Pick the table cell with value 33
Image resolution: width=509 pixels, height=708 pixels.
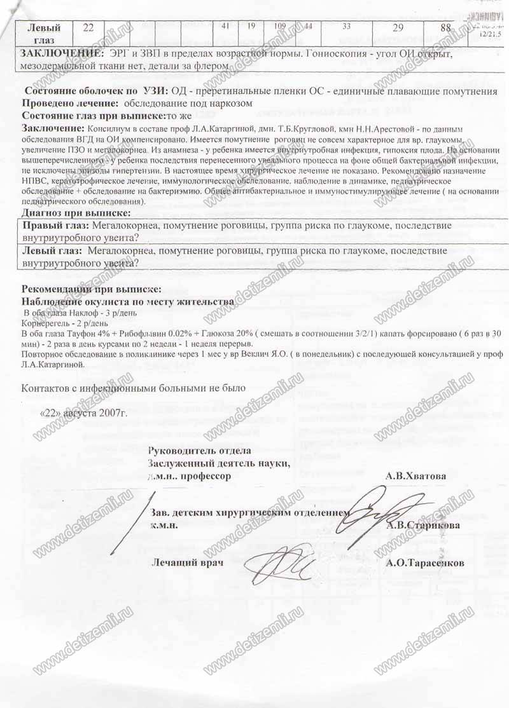point(347,27)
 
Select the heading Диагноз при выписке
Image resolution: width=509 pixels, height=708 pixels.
point(77,212)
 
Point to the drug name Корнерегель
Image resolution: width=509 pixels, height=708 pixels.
point(45,323)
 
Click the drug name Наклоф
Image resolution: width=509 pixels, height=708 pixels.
point(86,313)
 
